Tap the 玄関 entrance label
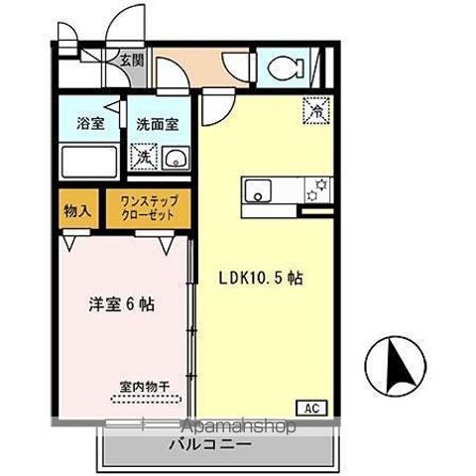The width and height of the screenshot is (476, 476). [x=132, y=60]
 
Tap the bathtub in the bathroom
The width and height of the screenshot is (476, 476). [x=87, y=161]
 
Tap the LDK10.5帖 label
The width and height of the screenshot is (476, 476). [x=261, y=279]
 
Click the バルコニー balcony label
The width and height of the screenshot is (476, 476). [x=214, y=446]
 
